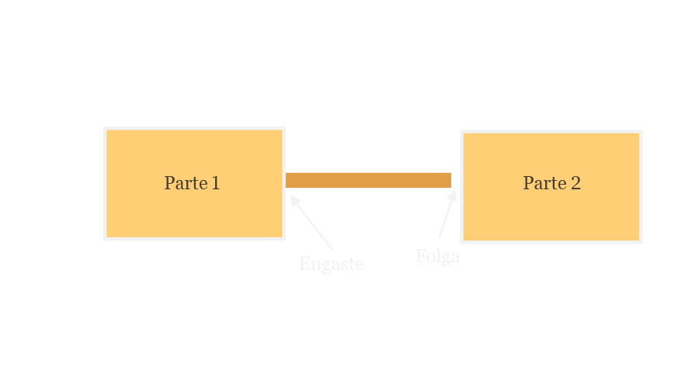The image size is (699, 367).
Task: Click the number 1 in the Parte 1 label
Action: coord(215,183)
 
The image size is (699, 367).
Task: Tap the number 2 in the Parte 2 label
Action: coord(575,183)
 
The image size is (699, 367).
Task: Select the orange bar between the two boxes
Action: coord(368,180)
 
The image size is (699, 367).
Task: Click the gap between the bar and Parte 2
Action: coord(456,180)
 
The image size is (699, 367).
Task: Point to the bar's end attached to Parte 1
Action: coord(288,180)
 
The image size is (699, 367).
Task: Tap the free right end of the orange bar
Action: coord(449,180)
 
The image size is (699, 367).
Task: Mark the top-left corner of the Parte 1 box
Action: coord(105,128)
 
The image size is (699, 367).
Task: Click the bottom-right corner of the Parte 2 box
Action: coord(641,241)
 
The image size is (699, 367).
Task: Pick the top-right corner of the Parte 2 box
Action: coord(641,132)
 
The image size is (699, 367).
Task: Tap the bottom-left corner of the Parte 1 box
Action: coord(105,238)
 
